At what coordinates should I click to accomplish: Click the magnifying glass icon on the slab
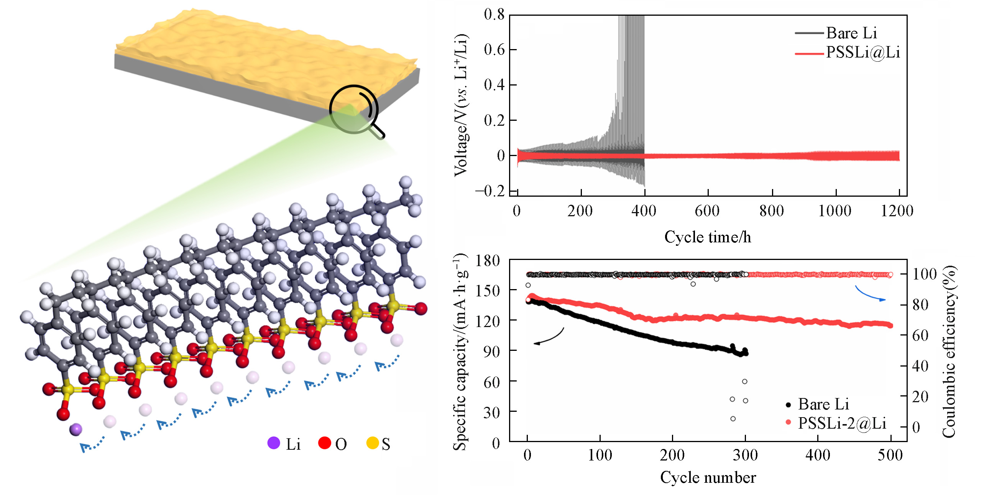pyautogui.click(x=355, y=110)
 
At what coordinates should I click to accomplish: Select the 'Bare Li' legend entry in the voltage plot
pyautogui.click(x=851, y=33)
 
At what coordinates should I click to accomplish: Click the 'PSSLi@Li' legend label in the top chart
pyautogui.click(x=862, y=52)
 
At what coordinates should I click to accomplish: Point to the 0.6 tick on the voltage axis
pyautogui.click(x=494, y=49)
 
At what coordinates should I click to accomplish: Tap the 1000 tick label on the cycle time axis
pyautogui.click(x=835, y=211)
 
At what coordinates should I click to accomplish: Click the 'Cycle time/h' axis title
pyautogui.click(x=708, y=237)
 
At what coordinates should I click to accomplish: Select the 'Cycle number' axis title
pyautogui.click(x=708, y=478)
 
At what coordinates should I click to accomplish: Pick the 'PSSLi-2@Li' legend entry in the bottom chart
pyautogui.click(x=842, y=423)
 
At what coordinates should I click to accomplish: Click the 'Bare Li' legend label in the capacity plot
pyautogui.click(x=823, y=404)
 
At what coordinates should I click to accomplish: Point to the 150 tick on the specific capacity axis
pyautogui.click(x=488, y=290)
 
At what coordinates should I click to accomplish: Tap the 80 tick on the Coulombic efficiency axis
pyautogui.click(x=920, y=305)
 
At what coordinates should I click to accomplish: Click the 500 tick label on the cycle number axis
pyautogui.click(x=890, y=455)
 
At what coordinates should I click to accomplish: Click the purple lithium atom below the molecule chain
pyautogui.click(x=76, y=429)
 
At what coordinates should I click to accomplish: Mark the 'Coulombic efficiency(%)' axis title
pyautogui.click(x=949, y=351)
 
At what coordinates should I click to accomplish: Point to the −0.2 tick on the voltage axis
pyautogui.click(x=491, y=191)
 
